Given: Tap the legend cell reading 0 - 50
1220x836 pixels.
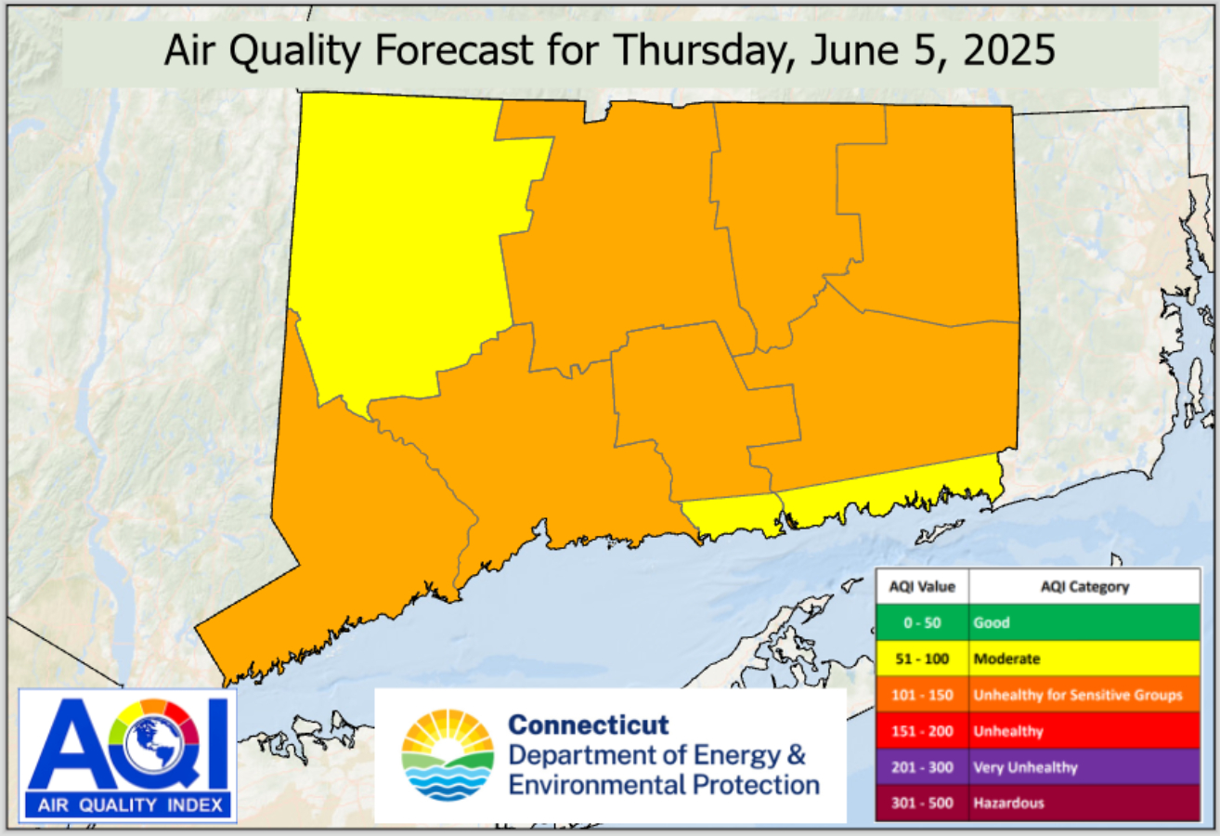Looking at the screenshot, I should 921,623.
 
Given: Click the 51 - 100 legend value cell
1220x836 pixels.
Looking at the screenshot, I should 921,659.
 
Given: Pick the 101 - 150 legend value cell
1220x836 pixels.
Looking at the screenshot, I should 921,695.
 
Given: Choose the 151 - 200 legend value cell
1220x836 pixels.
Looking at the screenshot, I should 921,731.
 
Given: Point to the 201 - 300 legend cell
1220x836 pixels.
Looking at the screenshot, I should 921,767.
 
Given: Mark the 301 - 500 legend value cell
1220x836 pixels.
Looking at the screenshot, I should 921,803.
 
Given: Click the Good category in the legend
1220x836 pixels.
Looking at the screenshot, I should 991,623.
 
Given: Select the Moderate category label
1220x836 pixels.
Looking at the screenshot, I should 1006,659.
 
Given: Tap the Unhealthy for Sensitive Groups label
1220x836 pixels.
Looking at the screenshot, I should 1077,695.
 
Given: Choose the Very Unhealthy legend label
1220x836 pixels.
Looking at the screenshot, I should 1025,767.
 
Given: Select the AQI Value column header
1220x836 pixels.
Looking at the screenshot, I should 921,587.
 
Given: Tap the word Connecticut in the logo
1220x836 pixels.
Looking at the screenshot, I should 589,725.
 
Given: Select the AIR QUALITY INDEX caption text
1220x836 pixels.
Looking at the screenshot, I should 127,805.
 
